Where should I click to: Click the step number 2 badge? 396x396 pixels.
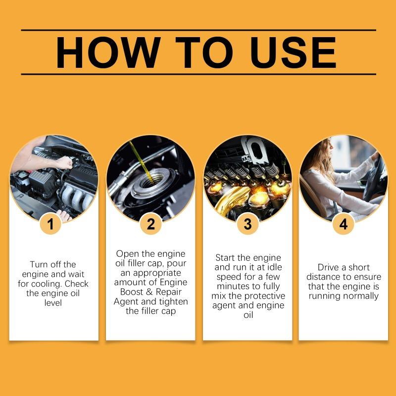pyautogui.click(x=150, y=224)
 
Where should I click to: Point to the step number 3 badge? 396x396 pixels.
pyautogui.click(x=247, y=224)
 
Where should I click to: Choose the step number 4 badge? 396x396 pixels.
pyautogui.click(x=343, y=224)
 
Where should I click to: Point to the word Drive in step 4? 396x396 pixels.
pyautogui.click(x=329, y=267)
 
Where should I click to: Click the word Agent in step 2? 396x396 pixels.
pyautogui.click(x=128, y=301)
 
